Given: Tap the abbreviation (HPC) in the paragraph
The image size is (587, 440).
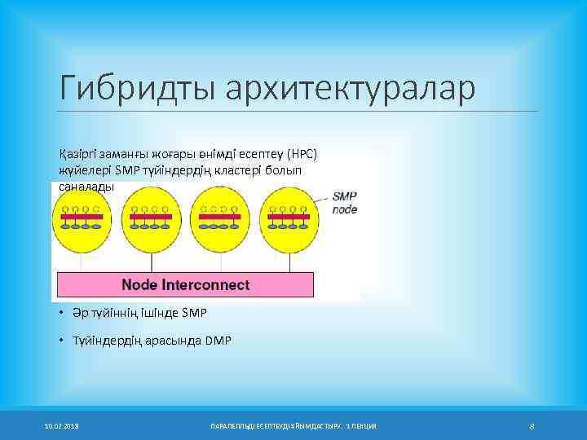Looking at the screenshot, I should tap(306, 154).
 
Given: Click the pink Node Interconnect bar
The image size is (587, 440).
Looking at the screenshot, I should tap(184, 285).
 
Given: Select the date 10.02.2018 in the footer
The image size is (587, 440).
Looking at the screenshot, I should tap(62, 426).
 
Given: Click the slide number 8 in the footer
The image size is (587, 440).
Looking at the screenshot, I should tap(531, 426).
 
